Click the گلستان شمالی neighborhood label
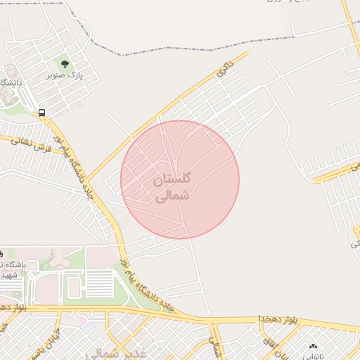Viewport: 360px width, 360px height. pos(172,187)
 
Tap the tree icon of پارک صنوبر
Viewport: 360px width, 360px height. pos(65,65)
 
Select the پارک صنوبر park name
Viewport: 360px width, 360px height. pos(65,75)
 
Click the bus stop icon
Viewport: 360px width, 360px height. pos(42,112)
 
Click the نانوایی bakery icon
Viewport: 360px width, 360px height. pos(313,347)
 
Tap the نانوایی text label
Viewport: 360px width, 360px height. pos(314,356)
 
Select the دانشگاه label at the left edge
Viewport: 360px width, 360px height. pos(10,83)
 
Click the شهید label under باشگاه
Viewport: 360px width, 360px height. pos(11,275)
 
